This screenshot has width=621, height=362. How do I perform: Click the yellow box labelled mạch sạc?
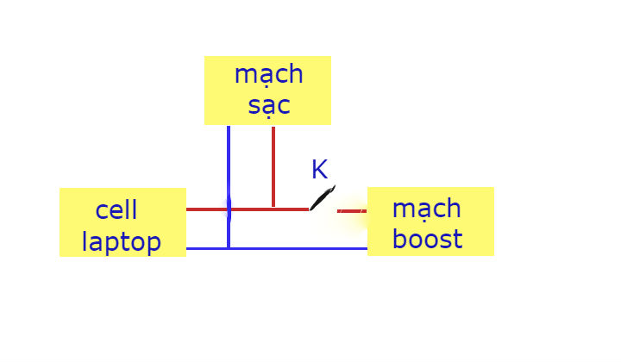pos(267,90)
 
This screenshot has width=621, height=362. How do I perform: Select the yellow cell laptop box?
pos(122,222)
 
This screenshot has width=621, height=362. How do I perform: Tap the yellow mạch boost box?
pos(430,222)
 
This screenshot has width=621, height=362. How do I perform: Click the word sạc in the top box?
pos(269,106)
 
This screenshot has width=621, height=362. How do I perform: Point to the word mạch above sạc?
pos(269,74)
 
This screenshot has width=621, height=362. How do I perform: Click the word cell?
pos(116,209)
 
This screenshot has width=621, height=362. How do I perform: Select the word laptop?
pos(122,241)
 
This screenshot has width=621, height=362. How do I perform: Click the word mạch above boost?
pos(427,208)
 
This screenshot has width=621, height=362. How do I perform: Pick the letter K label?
pos(319,170)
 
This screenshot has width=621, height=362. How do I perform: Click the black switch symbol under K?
pos(322,198)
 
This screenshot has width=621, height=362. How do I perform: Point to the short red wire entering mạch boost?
pos(352,210)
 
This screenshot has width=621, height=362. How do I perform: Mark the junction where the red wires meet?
pos(273,209)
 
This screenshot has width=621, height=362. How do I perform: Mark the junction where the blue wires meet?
pos(229,248)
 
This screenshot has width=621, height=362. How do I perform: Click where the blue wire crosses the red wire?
pos(229,209)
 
